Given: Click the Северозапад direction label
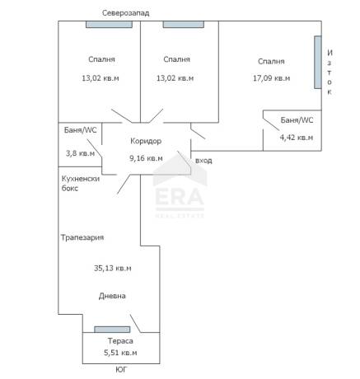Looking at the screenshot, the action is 126,13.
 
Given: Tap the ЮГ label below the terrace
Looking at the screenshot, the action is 121,370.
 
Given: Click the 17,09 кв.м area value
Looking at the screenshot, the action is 271,78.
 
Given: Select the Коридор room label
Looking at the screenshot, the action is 146,141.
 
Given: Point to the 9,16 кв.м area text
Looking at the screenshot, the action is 146,158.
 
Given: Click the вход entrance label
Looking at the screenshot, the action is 203,161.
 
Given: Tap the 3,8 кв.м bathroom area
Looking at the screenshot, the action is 80,153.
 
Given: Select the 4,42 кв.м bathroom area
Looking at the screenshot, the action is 297,138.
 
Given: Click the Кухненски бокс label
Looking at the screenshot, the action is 80,184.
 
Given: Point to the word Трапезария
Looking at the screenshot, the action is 82,237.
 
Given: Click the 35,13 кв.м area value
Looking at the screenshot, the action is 113,268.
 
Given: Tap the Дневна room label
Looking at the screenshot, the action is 112,296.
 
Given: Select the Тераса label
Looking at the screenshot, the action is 120,341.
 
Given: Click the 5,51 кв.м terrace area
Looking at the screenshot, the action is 120,353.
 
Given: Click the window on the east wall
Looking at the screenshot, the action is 318,62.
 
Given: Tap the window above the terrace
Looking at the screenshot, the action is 112,330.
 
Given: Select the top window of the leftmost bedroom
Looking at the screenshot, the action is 109,24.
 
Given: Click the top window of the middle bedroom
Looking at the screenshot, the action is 184,24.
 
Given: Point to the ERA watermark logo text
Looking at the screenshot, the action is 180,197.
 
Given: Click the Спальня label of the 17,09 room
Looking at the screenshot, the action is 271,62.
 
